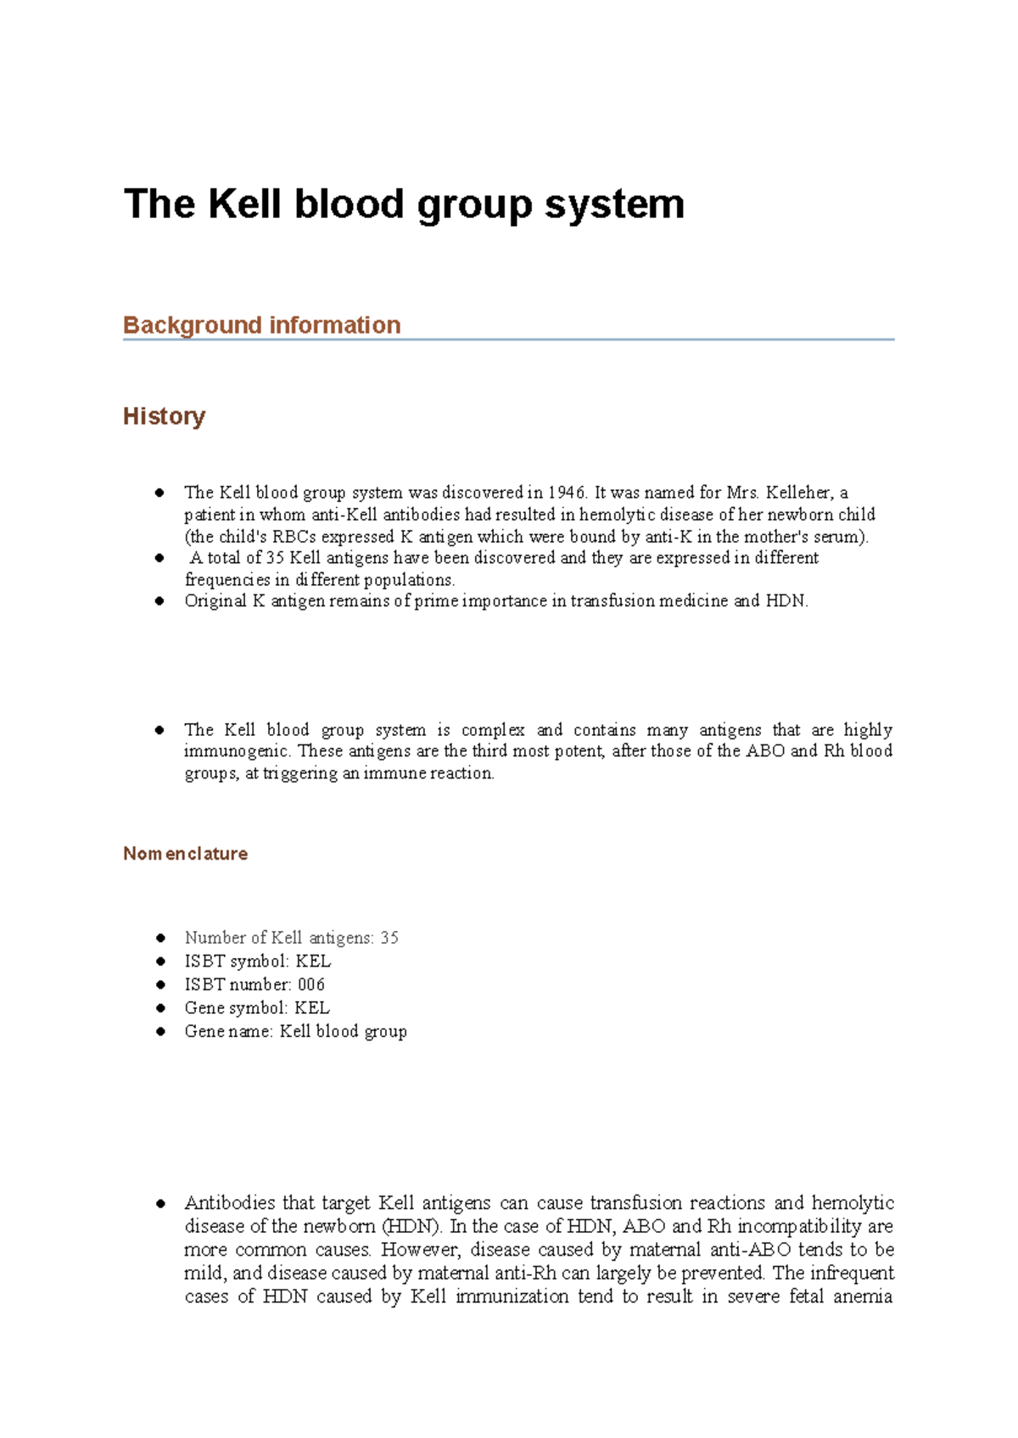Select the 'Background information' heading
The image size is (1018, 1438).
pyautogui.click(x=261, y=326)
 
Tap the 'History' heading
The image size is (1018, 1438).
pyautogui.click(x=164, y=416)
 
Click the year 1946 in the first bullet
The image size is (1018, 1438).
pyautogui.click(x=566, y=493)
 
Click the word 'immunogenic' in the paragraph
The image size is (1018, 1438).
pyautogui.click(x=237, y=751)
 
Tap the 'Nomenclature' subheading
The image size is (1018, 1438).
pyautogui.click(x=185, y=854)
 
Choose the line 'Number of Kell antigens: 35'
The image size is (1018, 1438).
pyautogui.click(x=291, y=938)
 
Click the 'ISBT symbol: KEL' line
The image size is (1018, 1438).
pyautogui.click(x=257, y=961)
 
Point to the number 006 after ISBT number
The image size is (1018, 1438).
pyautogui.click(x=311, y=984)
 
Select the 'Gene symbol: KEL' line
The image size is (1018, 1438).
pyautogui.click(x=256, y=1008)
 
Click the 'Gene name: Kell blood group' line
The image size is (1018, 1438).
pyautogui.click(x=295, y=1032)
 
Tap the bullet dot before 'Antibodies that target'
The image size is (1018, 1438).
pyautogui.click(x=159, y=1203)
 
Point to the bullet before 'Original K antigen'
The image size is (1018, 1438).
pyautogui.click(x=159, y=601)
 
